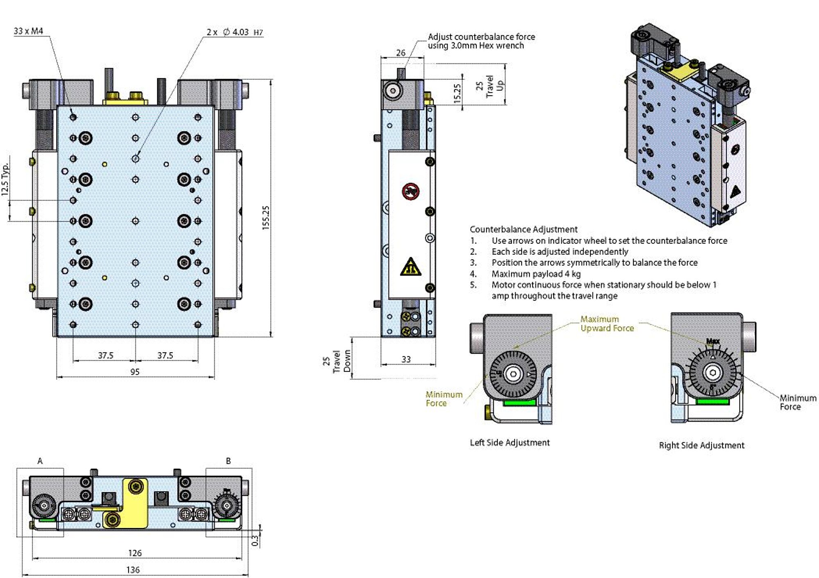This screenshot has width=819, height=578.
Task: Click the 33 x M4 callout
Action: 28,31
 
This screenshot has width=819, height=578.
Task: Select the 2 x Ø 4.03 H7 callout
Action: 235,32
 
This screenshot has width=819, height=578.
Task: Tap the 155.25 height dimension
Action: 266,218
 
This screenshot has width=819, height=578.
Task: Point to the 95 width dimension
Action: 135,372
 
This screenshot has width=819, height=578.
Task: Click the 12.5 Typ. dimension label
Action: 5,179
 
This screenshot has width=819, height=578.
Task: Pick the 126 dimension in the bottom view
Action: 135,553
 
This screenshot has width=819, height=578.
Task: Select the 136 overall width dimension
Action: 133,569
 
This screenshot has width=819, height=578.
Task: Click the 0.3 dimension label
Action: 255,541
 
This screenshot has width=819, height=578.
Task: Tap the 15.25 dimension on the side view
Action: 457,93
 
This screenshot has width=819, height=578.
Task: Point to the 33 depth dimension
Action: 406,359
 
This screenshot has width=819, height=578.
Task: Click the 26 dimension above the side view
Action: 400,53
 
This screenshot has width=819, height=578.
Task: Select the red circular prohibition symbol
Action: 411,191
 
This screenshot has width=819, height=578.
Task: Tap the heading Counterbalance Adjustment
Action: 523,229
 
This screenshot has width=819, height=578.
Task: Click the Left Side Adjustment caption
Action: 509,443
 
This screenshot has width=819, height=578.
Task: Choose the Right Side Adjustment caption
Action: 701,445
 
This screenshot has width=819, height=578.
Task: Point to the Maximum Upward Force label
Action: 607,324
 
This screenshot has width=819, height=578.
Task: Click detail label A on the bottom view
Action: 40,461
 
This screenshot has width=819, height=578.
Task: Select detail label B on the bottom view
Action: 229,461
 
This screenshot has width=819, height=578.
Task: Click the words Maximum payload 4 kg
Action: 536,274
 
